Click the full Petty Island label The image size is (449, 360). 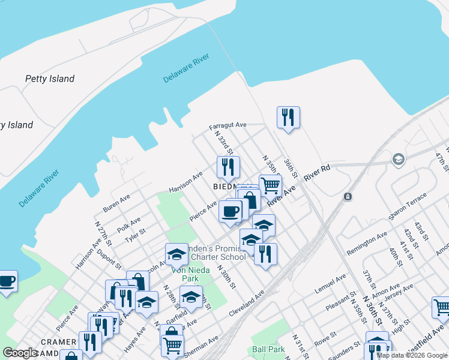click(50, 79)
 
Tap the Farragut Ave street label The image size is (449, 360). click(228, 125)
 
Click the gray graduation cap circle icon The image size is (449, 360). click(397, 160)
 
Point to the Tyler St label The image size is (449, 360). click(135, 236)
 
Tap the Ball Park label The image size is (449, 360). click(268, 349)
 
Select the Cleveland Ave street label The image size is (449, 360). click(246, 304)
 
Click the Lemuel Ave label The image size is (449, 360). click(331, 285)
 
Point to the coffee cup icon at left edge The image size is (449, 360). click(7, 281)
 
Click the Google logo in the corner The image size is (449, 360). click(20, 353)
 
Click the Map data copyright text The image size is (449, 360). click(412, 355)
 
